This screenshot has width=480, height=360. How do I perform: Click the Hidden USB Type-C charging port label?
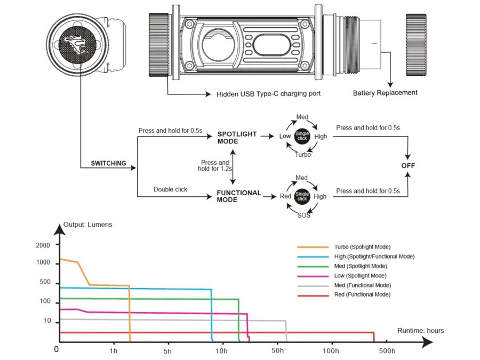coord(269,94)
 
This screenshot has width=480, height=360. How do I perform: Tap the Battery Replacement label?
coord(385,93)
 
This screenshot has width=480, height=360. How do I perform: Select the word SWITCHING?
coord(108,164)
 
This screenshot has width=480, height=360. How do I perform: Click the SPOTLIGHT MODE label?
coord(237,138)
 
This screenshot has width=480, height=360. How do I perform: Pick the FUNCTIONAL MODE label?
coord(238,196)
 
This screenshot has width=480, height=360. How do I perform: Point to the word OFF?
coord(408,166)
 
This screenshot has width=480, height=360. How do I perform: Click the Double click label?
coord(170,189)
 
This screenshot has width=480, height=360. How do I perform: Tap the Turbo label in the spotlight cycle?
coord(302,155)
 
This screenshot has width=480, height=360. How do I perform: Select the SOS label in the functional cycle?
coord(303,215)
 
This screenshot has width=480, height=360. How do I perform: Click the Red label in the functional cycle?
coord(285,196)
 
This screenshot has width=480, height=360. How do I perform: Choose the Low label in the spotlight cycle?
coord(285,136)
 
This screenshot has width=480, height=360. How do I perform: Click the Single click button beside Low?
coord(302,136)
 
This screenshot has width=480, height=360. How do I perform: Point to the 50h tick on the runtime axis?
coord(277,350)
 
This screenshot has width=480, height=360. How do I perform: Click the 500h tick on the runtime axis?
coord(387,350)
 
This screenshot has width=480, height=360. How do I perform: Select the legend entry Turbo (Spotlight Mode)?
coord(362,247)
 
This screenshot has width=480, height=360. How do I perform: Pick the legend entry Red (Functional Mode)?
coord(362,294)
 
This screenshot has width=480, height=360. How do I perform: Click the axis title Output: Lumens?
coord(88,225)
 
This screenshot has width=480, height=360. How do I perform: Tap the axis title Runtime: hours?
coord(420,331)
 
